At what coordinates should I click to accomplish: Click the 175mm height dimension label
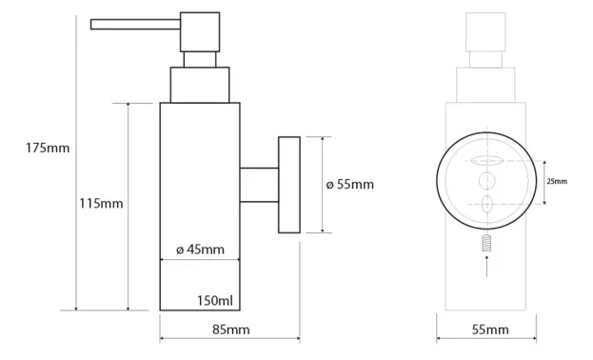coord(48,148)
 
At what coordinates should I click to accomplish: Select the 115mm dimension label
coord(101,204)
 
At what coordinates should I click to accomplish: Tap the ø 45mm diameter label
coord(200,250)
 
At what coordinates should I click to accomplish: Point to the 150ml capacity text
coord(215,301)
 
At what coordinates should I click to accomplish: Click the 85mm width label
coord(230,330)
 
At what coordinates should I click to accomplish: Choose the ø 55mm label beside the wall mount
coord(350,185)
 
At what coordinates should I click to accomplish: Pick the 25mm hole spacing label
coord(557,181)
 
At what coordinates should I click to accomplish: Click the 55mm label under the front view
coord(490,330)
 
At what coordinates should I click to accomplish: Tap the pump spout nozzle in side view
coord(135,24)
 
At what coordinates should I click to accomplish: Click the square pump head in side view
coord(200,31)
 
